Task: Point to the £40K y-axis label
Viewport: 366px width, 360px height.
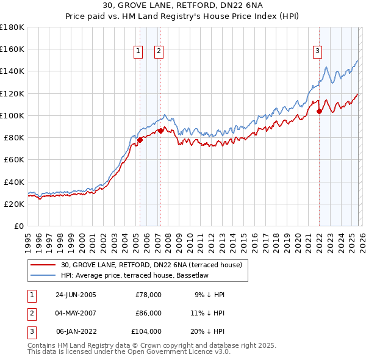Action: click(14, 182)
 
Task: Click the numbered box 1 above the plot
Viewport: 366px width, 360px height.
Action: click(139, 52)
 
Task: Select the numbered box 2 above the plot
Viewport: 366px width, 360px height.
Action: click(159, 52)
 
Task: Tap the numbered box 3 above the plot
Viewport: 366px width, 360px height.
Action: click(318, 52)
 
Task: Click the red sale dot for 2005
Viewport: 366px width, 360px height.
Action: click(140, 140)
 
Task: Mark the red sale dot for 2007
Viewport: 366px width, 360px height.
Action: click(160, 131)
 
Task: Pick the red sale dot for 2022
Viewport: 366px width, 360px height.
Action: click(319, 111)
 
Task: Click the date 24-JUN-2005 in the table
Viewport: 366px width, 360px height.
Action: click(76, 295)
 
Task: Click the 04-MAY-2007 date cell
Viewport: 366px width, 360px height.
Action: click(76, 313)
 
